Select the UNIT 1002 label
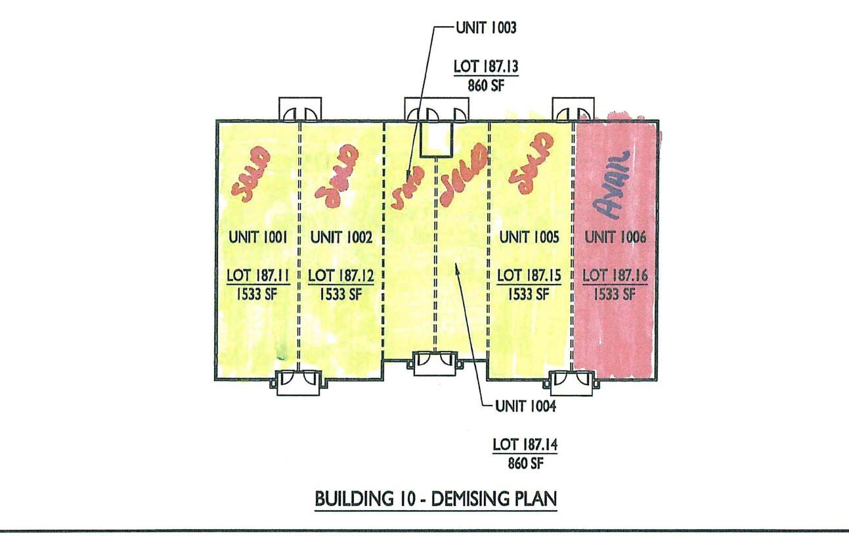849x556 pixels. [x=341, y=238]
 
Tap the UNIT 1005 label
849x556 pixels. [x=529, y=238]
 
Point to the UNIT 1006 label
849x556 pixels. [x=615, y=238]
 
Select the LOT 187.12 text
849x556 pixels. [x=341, y=276]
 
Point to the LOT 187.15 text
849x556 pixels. [x=529, y=276]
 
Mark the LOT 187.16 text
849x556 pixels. [x=615, y=276]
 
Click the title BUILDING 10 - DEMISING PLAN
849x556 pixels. [x=436, y=498]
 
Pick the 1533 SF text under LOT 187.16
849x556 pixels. [x=615, y=294]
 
